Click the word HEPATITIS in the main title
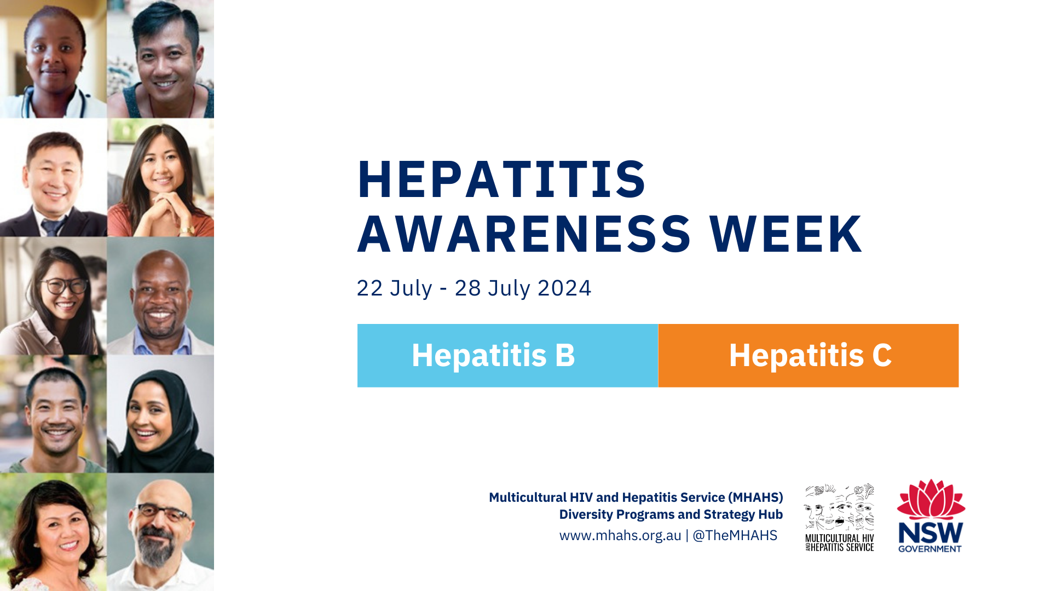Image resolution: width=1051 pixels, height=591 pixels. point(501,179)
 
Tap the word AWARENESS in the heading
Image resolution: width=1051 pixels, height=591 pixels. point(524,234)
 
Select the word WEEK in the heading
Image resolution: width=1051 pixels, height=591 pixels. point(786,234)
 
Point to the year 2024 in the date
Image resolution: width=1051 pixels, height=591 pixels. point(564,288)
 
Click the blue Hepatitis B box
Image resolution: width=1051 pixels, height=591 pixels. point(507,356)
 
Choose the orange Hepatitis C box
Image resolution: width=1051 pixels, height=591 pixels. point(809,356)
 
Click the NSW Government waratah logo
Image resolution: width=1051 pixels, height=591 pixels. point(931,515)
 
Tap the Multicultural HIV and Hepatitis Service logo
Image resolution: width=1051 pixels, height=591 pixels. point(839,517)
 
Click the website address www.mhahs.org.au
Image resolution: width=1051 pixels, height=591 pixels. point(620,535)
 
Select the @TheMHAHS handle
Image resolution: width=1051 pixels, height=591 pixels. point(735,535)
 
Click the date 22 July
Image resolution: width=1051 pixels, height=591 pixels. point(394,288)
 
